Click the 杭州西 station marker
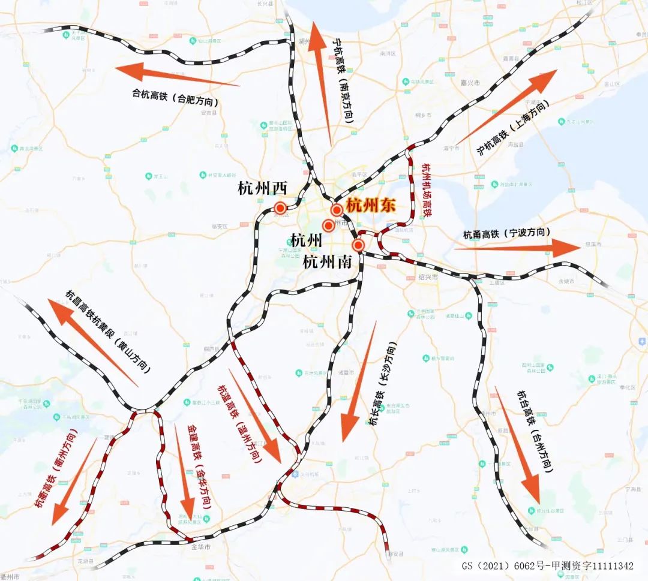(x=280, y=208)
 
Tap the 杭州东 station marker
(x=337, y=210)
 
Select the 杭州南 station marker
(x=358, y=245)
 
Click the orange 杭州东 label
(x=371, y=205)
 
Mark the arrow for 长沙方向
(x=359, y=381)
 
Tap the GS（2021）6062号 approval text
(x=547, y=565)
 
